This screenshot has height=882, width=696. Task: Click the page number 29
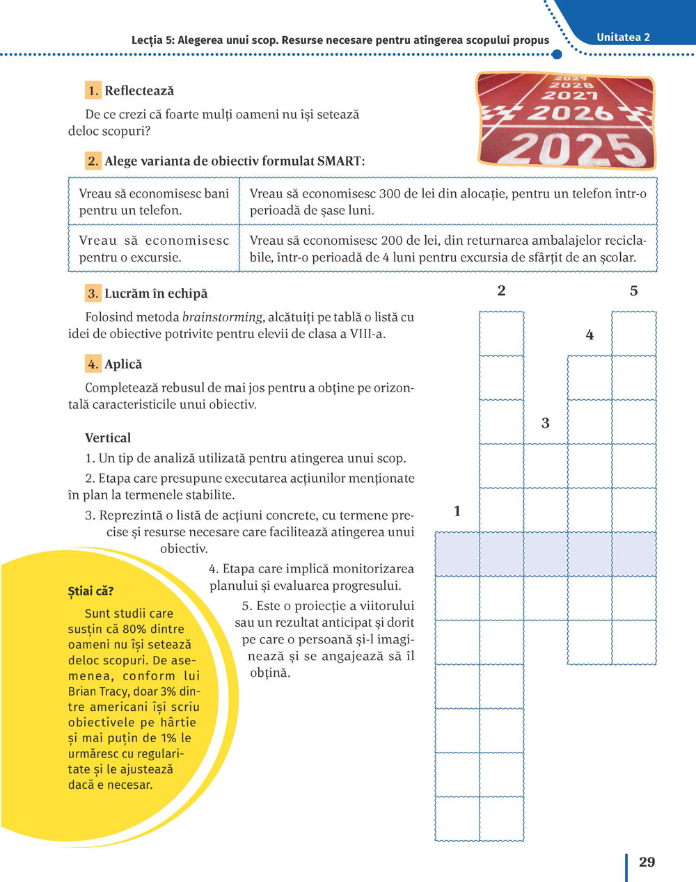pyautogui.click(x=647, y=862)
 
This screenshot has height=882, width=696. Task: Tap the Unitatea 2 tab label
pyautogui.click(x=623, y=38)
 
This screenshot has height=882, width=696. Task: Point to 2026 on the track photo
pyautogui.click(x=570, y=112)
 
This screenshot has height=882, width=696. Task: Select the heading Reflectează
pyautogui.click(x=139, y=90)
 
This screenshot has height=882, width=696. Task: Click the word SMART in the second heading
pyautogui.click(x=339, y=161)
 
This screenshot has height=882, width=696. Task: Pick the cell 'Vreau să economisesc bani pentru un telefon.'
pyautogui.click(x=154, y=202)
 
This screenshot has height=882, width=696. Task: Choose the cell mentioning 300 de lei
pyautogui.click(x=448, y=202)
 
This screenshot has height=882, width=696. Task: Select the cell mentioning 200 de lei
pyautogui.click(x=448, y=249)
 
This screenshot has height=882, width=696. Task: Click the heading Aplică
pyautogui.click(x=123, y=364)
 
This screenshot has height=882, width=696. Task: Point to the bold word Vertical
pyautogui.click(x=108, y=438)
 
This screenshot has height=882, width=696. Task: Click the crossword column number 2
pyautogui.click(x=501, y=291)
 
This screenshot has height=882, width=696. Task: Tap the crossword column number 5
pyautogui.click(x=633, y=291)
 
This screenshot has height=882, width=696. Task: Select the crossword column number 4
pyautogui.click(x=590, y=335)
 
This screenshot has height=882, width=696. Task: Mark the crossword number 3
pyautogui.click(x=545, y=422)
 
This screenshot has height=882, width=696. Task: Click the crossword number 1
pyautogui.click(x=457, y=511)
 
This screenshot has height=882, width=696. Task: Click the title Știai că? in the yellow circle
pyautogui.click(x=90, y=591)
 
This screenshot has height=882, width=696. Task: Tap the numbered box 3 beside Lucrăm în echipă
pyautogui.click(x=93, y=294)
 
